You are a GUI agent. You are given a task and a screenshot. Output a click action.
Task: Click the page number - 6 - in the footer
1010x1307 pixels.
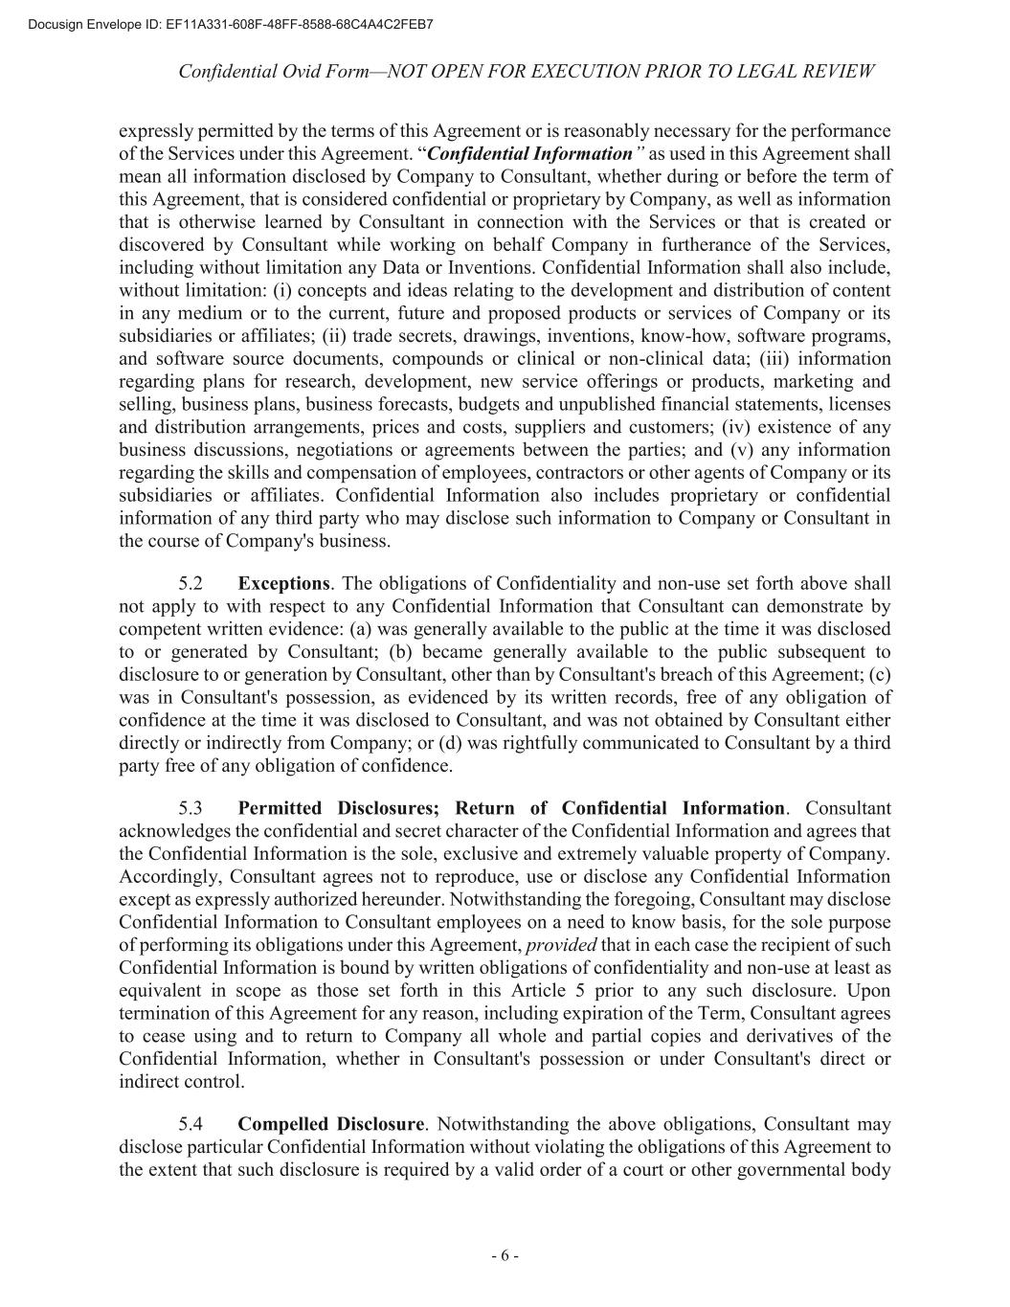[x=505, y=1256]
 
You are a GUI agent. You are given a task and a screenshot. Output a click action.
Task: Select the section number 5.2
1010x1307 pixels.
[x=191, y=583]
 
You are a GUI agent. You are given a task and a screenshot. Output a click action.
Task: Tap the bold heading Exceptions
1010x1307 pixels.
[x=283, y=583]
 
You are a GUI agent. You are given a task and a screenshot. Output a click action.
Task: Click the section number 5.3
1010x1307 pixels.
[x=191, y=808]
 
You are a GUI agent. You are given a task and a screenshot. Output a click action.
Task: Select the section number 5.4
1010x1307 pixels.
[x=191, y=1124]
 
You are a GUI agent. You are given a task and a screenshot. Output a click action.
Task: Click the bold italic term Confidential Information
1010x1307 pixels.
[x=529, y=154]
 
